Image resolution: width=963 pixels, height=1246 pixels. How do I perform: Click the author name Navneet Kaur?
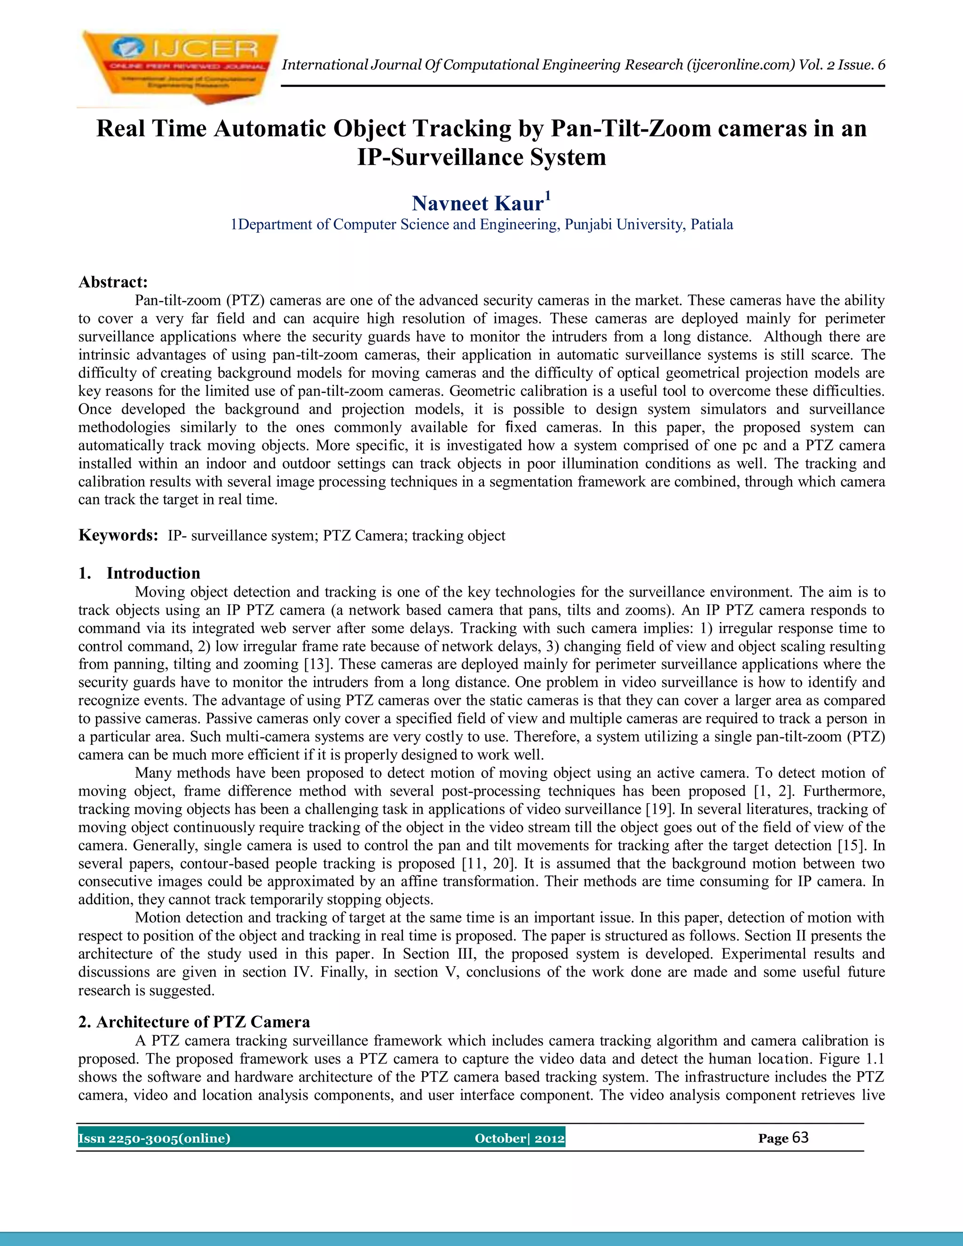tap(477, 204)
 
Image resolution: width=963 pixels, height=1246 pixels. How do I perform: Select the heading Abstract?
tap(113, 282)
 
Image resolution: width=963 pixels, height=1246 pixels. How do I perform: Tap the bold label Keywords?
tap(118, 535)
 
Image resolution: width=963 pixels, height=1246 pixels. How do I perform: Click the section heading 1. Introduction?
tap(139, 573)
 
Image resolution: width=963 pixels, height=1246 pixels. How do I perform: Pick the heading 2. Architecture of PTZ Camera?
tap(194, 1022)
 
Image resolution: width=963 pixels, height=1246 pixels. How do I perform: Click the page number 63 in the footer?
tap(800, 1137)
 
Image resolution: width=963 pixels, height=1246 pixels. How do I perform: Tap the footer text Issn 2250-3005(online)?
tap(154, 1139)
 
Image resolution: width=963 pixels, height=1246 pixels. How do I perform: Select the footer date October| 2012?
tap(519, 1139)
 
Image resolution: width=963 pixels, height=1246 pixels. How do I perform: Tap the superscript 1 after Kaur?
tap(548, 196)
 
